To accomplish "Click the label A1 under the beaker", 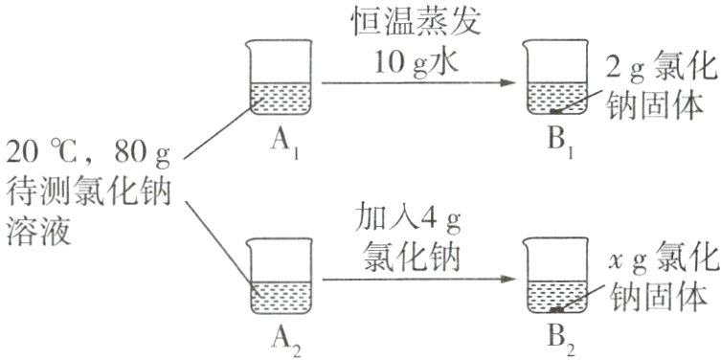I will pos(281,146).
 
